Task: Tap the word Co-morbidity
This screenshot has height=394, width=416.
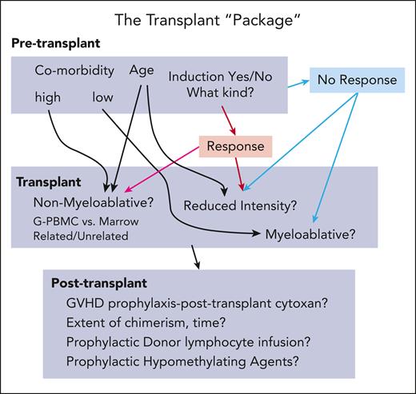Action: (x=72, y=70)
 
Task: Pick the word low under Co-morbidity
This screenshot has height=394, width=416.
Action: (x=102, y=99)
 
